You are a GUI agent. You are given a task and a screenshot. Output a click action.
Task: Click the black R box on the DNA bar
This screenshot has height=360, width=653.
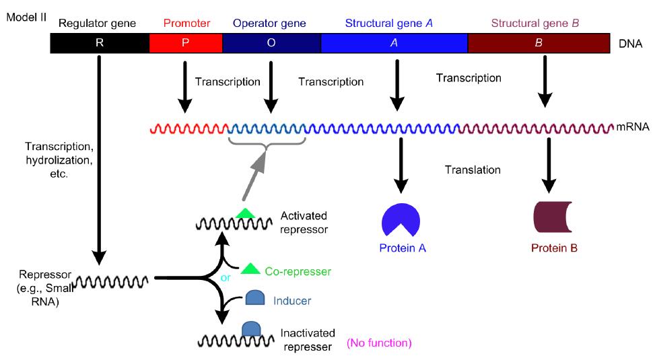(x=99, y=43)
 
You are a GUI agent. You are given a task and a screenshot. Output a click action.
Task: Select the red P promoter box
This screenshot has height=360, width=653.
(x=185, y=43)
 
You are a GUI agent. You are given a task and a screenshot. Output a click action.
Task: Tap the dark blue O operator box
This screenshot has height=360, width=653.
(x=271, y=43)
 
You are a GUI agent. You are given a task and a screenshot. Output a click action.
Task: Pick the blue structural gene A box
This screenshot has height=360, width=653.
(x=394, y=43)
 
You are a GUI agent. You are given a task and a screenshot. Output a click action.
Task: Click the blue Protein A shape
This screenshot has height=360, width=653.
(x=401, y=218)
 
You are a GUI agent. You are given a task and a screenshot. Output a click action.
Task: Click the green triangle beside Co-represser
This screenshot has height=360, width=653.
(x=250, y=269)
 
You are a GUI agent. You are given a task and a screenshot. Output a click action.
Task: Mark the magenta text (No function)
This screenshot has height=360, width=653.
(x=378, y=343)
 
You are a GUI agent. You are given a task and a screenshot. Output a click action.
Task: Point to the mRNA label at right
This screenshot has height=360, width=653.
(x=633, y=126)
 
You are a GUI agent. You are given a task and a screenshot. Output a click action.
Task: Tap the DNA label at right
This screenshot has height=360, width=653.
(x=630, y=44)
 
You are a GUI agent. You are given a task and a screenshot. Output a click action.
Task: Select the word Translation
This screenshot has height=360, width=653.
(x=473, y=170)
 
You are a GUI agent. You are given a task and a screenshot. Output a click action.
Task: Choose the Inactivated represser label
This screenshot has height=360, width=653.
(x=306, y=340)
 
